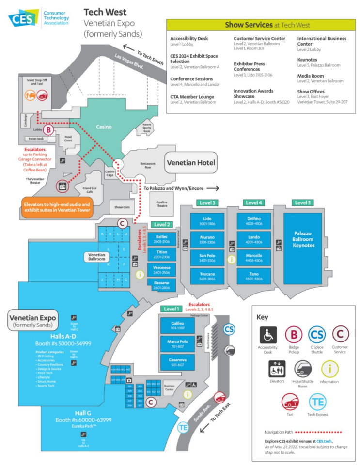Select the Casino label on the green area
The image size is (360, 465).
point(104,127)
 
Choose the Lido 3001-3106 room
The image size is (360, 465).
point(207,221)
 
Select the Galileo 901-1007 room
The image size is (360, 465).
point(177,325)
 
